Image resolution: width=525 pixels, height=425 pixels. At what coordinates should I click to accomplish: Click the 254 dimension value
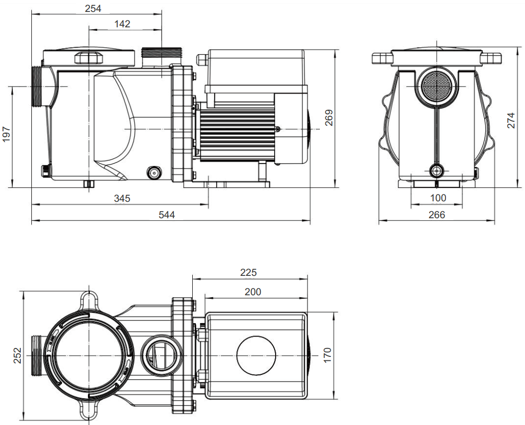[93, 8]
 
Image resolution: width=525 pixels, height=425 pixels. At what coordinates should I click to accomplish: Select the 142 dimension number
[122, 24]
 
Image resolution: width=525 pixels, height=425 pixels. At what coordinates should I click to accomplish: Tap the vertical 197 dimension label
[7, 134]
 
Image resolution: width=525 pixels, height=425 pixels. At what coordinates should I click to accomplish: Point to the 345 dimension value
[122, 198]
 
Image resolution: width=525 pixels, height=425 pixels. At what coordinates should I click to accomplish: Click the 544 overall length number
[167, 215]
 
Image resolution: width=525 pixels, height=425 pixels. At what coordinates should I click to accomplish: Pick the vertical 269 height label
[329, 118]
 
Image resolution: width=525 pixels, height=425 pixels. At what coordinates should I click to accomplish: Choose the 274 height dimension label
[511, 120]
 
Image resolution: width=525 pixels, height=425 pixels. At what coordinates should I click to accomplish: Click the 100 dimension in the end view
[438, 198]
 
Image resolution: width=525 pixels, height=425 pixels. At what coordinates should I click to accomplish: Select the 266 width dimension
[437, 215]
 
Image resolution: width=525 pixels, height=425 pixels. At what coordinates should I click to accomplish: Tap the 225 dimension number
[248, 272]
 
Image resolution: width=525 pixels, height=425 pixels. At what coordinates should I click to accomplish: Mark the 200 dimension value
[253, 292]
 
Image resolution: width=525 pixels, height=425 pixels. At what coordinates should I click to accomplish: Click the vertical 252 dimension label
[17, 355]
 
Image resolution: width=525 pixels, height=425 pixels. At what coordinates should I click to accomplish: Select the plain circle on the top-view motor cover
[256, 355]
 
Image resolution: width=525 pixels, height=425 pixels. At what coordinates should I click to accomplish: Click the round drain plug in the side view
[154, 173]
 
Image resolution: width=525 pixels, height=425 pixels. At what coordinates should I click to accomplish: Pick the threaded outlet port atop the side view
[161, 53]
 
